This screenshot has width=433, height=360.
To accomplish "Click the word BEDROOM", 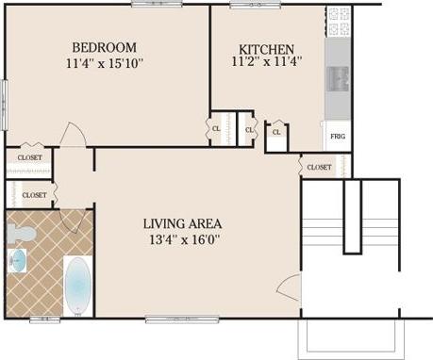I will [x=104, y=47].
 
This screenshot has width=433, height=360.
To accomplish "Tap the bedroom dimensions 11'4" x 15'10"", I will [x=104, y=64].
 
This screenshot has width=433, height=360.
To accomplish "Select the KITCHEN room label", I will [x=267, y=49].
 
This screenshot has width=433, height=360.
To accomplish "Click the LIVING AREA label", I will [x=182, y=223].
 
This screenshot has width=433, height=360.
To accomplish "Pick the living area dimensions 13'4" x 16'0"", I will [x=182, y=240].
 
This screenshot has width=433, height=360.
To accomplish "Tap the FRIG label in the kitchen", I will [x=337, y=136].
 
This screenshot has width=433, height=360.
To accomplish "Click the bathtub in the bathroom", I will [x=77, y=288].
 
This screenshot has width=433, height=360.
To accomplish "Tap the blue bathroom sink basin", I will [x=16, y=260].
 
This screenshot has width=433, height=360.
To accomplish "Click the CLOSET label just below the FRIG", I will [x=319, y=168].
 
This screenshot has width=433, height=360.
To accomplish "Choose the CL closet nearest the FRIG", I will [x=276, y=133].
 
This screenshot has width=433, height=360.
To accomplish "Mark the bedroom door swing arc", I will [x=72, y=134].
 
